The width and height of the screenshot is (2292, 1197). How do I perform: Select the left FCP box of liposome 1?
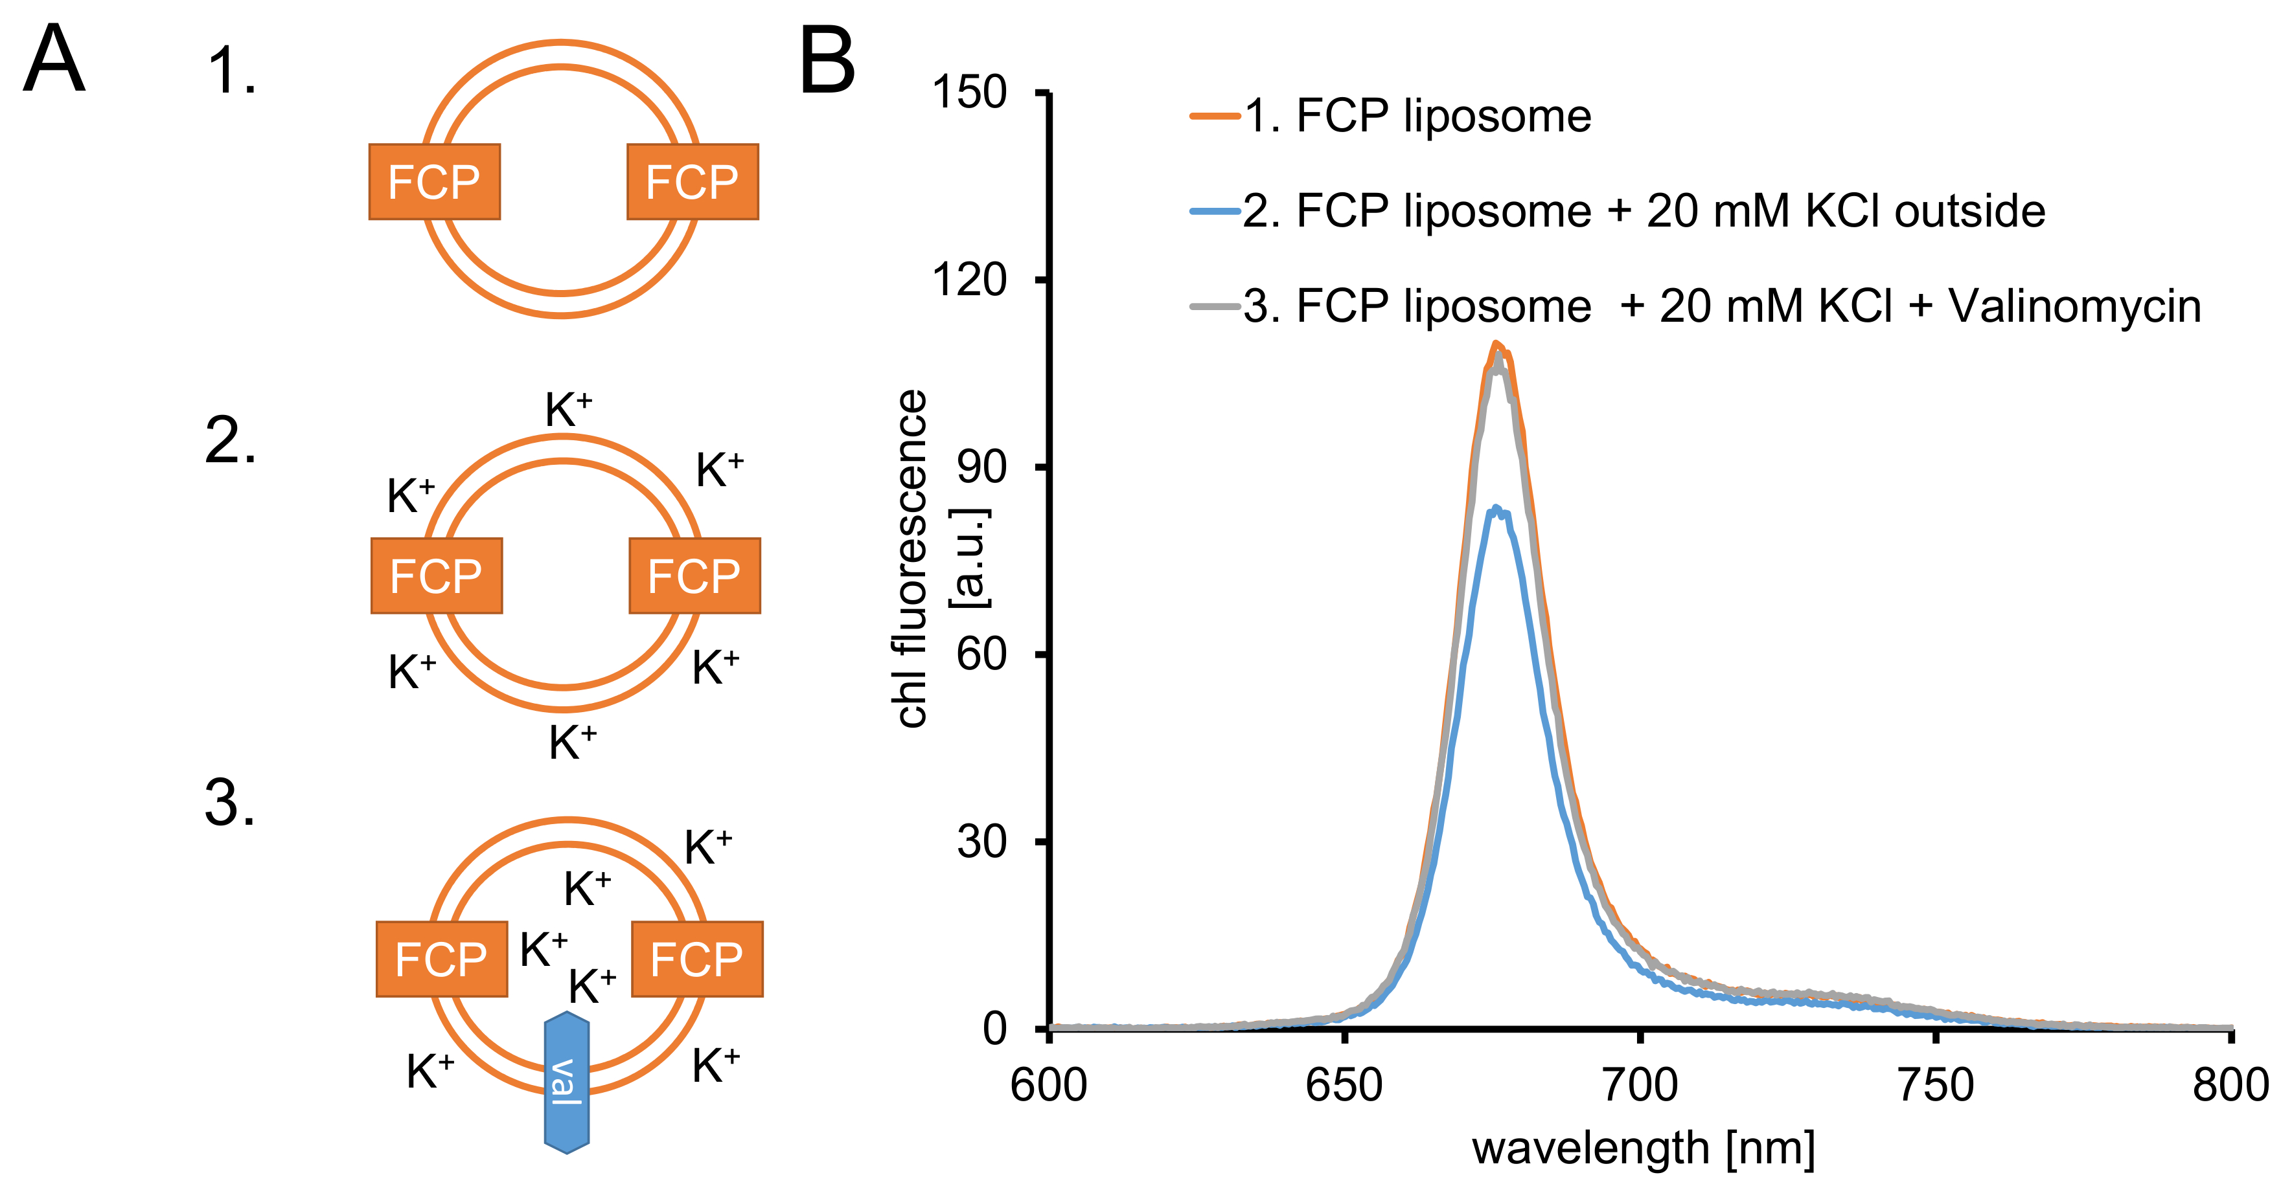click(x=434, y=181)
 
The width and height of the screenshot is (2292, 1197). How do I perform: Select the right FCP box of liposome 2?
click(x=694, y=576)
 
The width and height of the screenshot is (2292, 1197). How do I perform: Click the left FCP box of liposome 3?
click(x=441, y=959)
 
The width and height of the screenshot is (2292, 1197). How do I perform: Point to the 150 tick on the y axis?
click(x=969, y=93)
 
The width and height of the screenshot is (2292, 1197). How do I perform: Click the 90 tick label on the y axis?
click(x=981, y=467)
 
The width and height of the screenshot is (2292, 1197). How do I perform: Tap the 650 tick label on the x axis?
click(x=1344, y=1085)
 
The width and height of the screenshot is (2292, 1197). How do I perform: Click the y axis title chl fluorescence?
click(x=910, y=559)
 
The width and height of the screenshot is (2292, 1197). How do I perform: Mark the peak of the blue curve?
click(x=1496, y=509)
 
